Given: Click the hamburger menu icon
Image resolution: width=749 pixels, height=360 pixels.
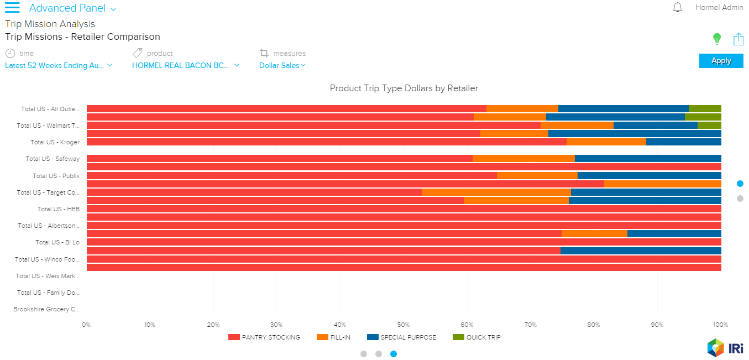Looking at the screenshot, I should (12, 8).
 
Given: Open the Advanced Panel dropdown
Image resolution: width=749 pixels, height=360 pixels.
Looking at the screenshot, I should (72, 8).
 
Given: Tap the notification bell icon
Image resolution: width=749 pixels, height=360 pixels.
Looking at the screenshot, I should (677, 8).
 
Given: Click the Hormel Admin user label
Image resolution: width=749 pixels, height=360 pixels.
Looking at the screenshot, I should (719, 8).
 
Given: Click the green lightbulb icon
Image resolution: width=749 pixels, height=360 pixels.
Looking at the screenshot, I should (717, 39).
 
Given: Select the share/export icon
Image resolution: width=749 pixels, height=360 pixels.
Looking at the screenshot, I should (738, 39).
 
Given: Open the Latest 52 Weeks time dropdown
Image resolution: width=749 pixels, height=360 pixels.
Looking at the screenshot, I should (59, 65).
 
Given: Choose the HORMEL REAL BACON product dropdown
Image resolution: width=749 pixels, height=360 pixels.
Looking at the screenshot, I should (186, 65).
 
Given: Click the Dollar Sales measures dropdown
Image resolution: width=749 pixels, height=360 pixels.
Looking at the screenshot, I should (282, 65).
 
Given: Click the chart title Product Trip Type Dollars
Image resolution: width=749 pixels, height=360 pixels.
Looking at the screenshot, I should (404, 88).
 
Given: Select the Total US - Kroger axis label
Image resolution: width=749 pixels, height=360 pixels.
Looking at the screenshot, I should (55, 142).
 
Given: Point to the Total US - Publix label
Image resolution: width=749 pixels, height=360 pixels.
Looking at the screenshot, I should (56, 176).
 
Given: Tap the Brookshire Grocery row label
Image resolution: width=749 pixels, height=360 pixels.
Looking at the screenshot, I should (46, 309).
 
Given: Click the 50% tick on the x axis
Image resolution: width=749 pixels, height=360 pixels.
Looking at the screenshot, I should (404, 325).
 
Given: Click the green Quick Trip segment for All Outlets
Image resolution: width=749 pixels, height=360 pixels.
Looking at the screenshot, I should (704, 109).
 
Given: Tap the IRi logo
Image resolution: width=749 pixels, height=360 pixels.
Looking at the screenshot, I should (725, 348).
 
